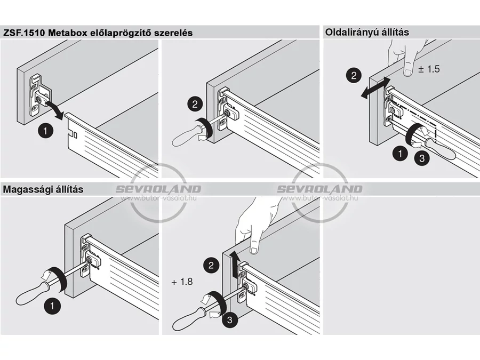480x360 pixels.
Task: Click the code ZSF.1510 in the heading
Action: pos(24,33)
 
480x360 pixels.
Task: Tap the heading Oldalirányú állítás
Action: pos(367,32)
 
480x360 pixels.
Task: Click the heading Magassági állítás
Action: pos(43,189)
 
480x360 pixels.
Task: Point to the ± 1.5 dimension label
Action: pos(429,69)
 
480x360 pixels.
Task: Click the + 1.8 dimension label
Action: pos(182,281)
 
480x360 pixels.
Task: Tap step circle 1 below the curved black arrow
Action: pos(45,131)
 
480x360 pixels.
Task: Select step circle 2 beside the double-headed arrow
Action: pos(354,75)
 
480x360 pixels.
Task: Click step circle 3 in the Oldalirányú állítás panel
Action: pos(422,158)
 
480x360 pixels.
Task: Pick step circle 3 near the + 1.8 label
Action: pos(229,320)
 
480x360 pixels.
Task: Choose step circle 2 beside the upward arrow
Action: pos(211,265)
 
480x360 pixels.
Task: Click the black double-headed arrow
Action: pos(375,88)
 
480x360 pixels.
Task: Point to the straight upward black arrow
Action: pos(235,264)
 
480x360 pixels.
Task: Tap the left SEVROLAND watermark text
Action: pos(158,189)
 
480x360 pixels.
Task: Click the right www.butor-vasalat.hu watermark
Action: pos(319,198)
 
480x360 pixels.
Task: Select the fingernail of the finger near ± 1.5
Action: pos(408,72)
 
